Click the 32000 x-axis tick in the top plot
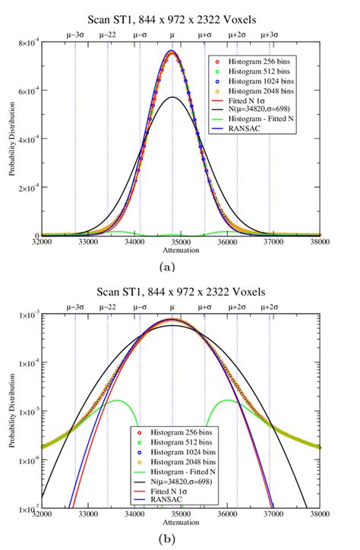click(x=42, y=242)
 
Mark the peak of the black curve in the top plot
click(x=172, y=97)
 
